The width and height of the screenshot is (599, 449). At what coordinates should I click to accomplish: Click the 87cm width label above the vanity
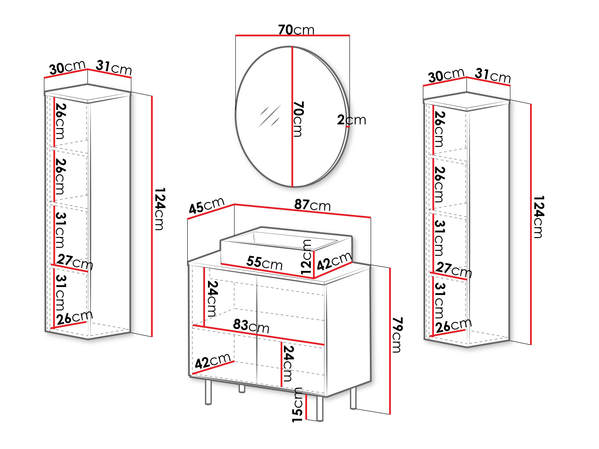[x=313, y=205]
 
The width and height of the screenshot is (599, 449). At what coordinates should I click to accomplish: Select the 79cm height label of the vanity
[x=397, y=335]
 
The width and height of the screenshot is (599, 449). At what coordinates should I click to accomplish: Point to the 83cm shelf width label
[x=251, y=326]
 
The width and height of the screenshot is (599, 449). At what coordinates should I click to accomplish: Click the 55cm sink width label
[x=264, y=263]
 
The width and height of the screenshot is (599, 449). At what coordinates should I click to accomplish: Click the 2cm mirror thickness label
[x=351, y=120]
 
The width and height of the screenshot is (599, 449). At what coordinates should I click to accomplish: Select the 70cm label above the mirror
[x=296, y=30]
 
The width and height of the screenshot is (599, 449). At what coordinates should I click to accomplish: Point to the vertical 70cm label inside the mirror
[x=298, y=119]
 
